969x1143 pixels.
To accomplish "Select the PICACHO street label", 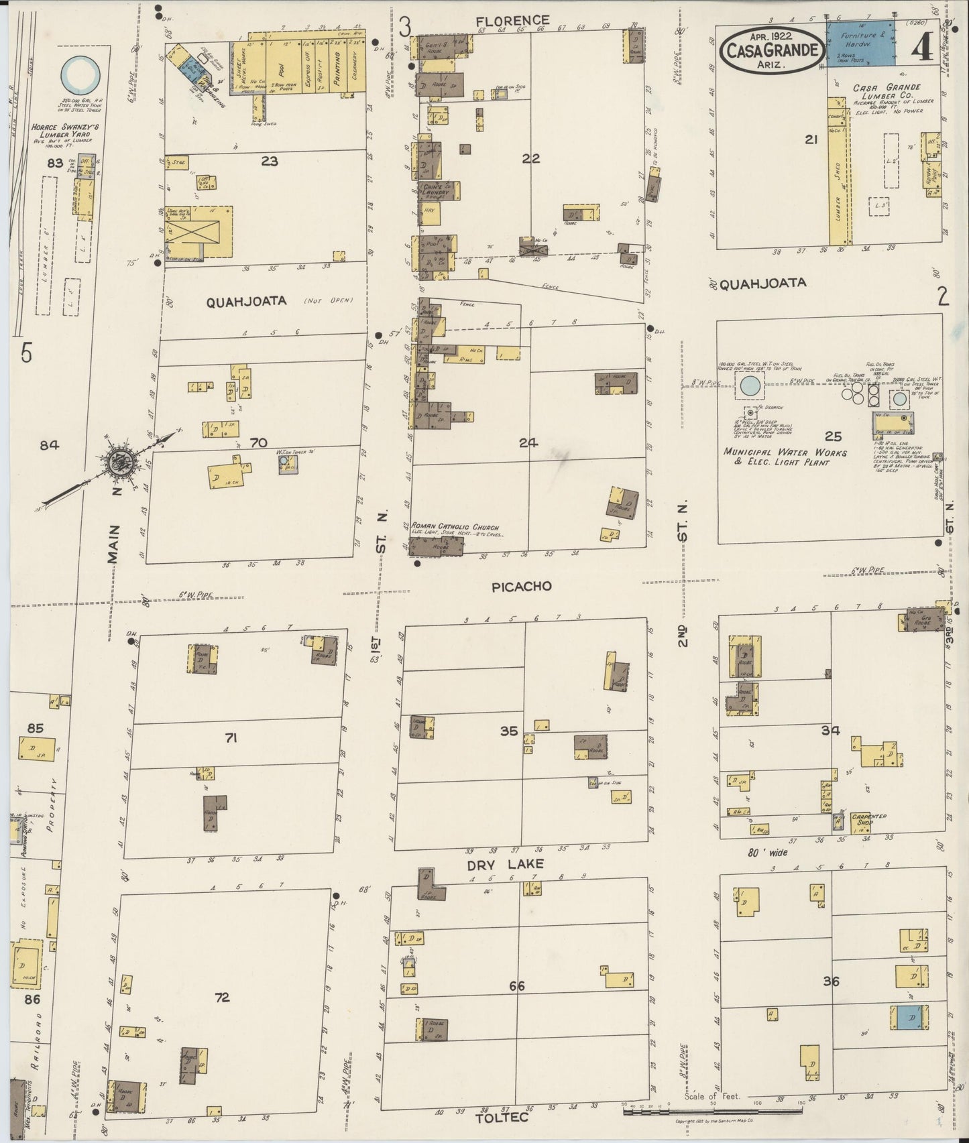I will (x=521, y=587).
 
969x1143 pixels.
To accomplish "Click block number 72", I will (x=222, y=998).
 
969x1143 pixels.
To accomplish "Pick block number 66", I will (x=516, y=986).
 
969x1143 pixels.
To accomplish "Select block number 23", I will (x=270, y=161).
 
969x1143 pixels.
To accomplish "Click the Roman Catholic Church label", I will (x=455, y=528).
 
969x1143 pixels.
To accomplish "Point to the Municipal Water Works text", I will (x=785, y=457).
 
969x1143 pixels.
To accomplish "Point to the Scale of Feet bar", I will (x=711, y=1111).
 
